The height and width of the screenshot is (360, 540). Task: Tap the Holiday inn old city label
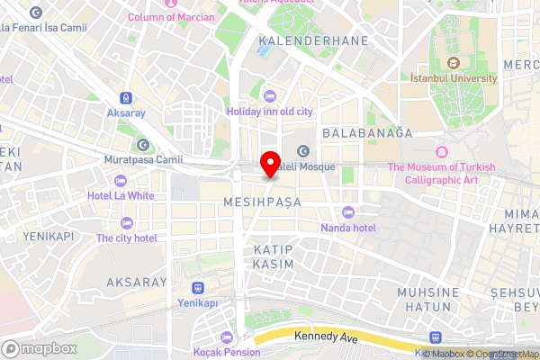(x=268, y=112)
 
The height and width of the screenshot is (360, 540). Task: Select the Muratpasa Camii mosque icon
(x=142, y=145)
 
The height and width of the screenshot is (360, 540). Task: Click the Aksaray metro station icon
(x=125, y=98)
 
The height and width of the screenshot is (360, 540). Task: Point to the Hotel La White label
(x=121, y=195)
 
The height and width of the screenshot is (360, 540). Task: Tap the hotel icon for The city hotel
(x=126, y=222)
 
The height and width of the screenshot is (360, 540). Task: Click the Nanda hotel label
(x=348, y=228)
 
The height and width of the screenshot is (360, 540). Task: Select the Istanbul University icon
(x=454, y=63)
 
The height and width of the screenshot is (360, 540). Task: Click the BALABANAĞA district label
(x=366, y=132)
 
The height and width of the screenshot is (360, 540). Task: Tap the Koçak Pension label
(x=227, y=351)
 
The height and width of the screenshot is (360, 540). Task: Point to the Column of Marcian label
(x=171, y=17)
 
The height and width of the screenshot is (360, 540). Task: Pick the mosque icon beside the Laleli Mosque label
(x=303, y=151)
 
